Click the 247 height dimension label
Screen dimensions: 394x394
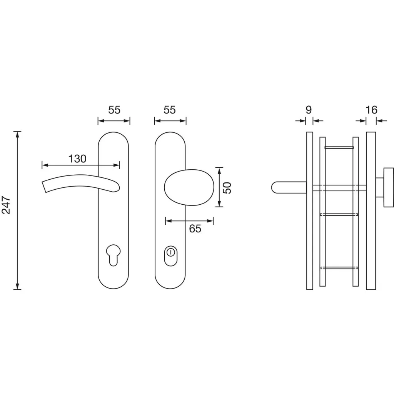(x=6, y=205)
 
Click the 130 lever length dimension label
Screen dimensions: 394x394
(x=77, y=159)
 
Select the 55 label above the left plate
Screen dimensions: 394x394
(x=114, y=110)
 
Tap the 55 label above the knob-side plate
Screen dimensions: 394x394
(x=170, y=110)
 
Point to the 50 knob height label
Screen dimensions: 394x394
(x=227, y=188)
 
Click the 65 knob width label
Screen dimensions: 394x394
(x=195, y=229)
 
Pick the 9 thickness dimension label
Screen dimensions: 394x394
(x=309, y=110)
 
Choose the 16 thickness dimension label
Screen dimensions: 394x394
(x=371, y=110)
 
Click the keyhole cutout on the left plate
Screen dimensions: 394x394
(x=114, y=255)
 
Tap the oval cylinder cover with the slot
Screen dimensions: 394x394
(x=170, y=256)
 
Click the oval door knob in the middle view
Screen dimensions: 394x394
(x=189, y=187)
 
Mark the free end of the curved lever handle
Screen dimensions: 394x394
(x=44, y=187)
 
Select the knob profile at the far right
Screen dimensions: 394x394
(x=389, y=187)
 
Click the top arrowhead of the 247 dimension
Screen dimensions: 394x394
(x=17, y=135)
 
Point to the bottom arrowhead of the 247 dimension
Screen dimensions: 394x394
(x=17, y=286)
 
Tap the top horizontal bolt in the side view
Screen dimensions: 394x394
(x=339, y=147)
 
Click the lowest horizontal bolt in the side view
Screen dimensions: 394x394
(x=339, y=268)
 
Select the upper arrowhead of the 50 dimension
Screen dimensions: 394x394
(x=219, y=171)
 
